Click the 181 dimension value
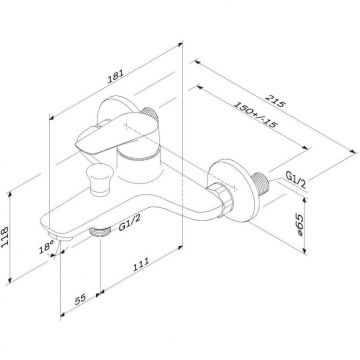pos(116,76)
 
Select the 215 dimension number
pos(275,101)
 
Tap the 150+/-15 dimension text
pos(255,115)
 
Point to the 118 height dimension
pos(5,237)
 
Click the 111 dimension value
pos(141,264)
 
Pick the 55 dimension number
pos(80,298)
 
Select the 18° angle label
pos(46,247)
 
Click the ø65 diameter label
pos(299,225)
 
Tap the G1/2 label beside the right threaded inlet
pos(296,179)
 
